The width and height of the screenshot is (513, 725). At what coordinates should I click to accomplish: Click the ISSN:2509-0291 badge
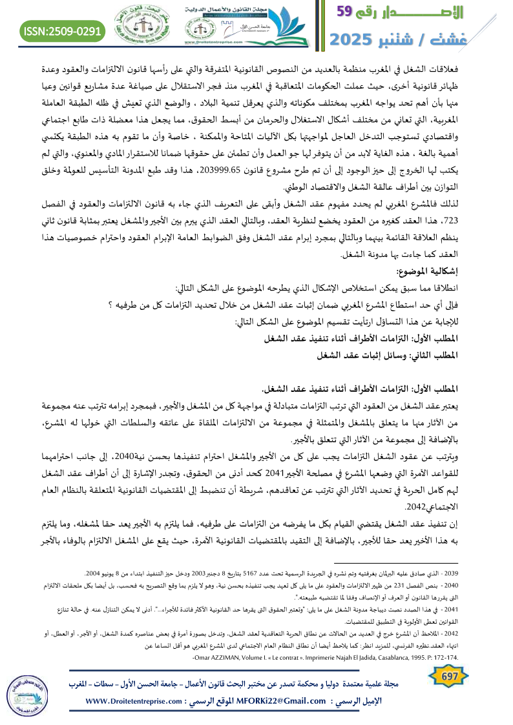tap(63, 30)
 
